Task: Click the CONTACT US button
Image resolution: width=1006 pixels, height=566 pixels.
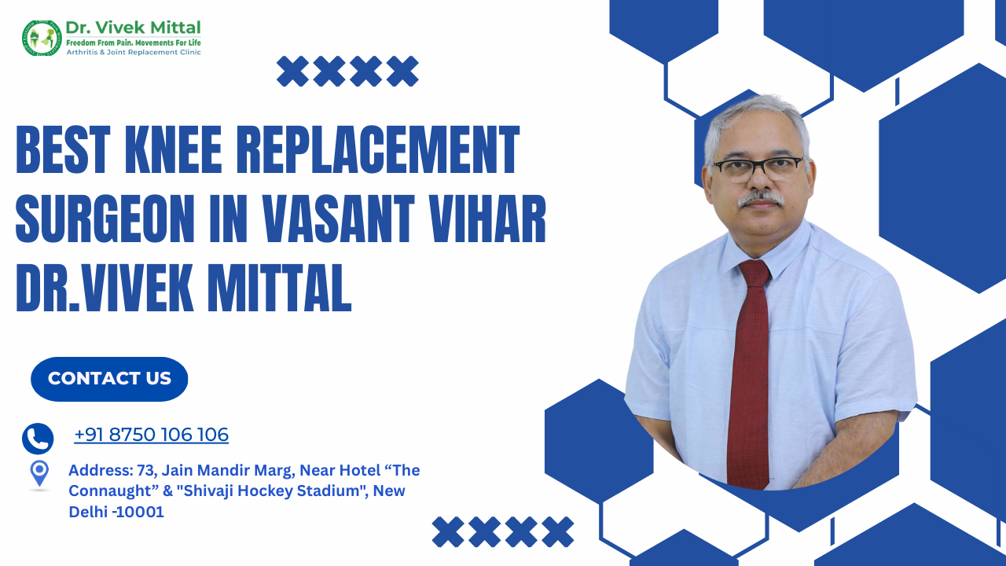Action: (x=109, y=379)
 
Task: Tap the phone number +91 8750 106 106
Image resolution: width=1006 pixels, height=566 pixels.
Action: (x=152, y=435)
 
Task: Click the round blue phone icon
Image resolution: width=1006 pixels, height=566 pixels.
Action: (x=38, y=439)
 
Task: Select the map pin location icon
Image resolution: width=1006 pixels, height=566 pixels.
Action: (x=39, y=473)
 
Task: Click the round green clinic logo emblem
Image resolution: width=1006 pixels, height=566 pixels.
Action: (x=42, y=39)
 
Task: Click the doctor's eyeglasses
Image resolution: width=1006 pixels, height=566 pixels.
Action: (x=758, y=167)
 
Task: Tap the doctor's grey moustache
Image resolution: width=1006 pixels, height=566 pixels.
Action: (x=761, y=199)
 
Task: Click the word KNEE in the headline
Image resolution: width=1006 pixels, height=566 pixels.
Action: (x=174, y=149)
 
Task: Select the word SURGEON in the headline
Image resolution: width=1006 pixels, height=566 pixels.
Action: (x=105, y=219)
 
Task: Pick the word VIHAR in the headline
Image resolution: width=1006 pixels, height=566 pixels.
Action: (x=486, y=219)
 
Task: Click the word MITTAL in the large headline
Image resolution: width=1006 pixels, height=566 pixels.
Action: (x=279, y=288)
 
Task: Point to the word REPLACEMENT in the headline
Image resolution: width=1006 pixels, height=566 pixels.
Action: (x=378, y=149)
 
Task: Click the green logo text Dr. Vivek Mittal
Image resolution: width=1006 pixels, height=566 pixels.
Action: (x=134, y=28)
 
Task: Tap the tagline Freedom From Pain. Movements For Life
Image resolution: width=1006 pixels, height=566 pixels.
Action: (x=134, y=43)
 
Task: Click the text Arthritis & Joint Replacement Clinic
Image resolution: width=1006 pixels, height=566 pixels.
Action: (x=134, y=53)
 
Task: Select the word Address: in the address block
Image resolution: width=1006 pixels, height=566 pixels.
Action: (x=101, y=470)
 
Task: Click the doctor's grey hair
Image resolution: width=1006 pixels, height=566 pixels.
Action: (x=757, y=119)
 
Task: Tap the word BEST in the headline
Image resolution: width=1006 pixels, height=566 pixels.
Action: (x=64, y=149)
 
